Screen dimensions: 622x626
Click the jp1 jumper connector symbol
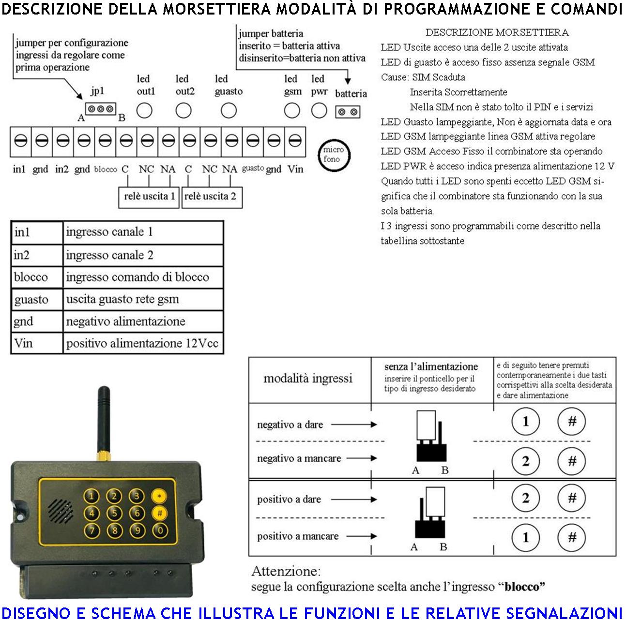101,109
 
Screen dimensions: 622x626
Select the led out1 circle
144,111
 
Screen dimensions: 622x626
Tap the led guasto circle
229,111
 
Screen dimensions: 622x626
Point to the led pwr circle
319,111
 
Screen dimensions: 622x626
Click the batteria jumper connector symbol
348,112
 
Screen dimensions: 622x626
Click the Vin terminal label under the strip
295,169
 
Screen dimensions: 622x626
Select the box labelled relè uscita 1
149,197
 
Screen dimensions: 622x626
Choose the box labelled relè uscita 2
211,197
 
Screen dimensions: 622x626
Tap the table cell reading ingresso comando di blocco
137,277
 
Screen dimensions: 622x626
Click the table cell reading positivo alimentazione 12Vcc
142,344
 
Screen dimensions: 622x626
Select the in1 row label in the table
22,232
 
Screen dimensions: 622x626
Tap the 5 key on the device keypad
115,513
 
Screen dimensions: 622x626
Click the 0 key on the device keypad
160,531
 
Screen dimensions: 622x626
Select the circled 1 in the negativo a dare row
525,422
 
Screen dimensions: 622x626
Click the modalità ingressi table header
308,379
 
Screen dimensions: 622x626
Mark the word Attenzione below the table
286,571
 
